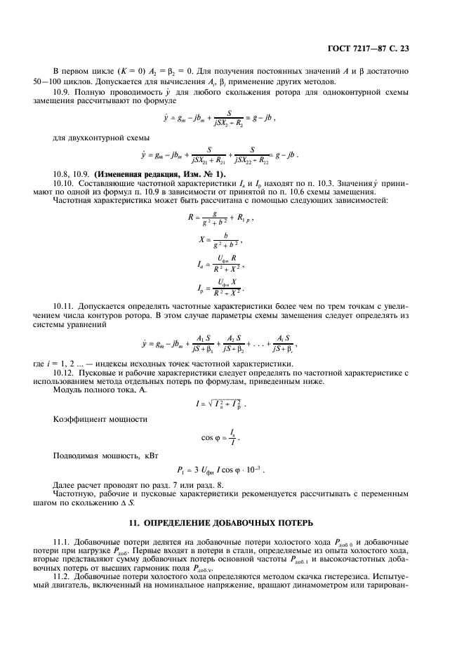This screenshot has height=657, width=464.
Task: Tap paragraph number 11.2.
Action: click(x=63, y=575)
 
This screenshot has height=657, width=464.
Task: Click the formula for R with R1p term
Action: click(x=220, y=218)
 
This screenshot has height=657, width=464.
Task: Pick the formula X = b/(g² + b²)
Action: click(x=220, y=241)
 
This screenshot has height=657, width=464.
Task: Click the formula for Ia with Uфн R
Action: click(x=220, y=264)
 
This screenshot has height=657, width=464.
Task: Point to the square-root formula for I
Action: click(x=220, y=404)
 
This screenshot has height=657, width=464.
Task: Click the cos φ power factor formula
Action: click(x=220, y=438)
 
